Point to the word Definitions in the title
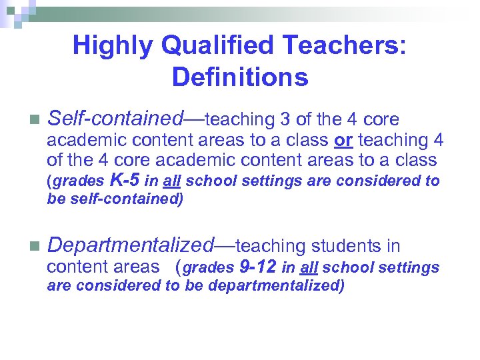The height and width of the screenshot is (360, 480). (x=240, y=77)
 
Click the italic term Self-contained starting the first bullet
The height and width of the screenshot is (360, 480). (x=115, y=119)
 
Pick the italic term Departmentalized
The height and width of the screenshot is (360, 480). (x=131, y=246)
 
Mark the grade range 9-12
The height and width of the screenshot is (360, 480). (x=257, y=267)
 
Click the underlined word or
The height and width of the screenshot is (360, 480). (x=344, y=141)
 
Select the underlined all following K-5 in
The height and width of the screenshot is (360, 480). (x=172, y=181)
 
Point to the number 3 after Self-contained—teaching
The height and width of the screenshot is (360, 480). (x=285, y=120)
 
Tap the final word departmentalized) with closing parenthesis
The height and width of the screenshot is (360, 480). (x=276, y=286)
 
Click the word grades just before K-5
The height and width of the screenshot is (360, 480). (x=78, y=181)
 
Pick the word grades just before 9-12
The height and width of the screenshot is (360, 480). (x=208, y=268)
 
